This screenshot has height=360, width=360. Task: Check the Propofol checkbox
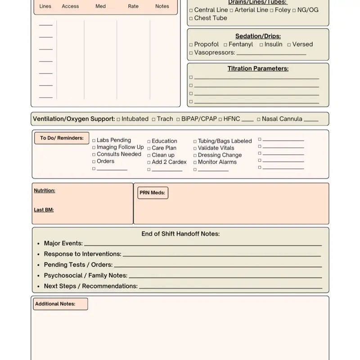[x=191, y=45]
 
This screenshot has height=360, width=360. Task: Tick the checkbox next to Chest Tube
[x=191, y=18]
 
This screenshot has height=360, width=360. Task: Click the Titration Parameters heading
[x=258, y=69]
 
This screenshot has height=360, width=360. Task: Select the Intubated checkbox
[x=118, y=119]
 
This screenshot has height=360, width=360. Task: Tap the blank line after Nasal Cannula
[x=311, y=121]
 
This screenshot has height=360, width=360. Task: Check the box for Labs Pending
[x=94, y=140]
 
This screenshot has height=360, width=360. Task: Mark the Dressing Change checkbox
[x=195, y=155]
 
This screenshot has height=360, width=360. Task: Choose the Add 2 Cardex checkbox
[x=149, y=162]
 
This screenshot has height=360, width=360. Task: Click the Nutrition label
[x=45, y=190]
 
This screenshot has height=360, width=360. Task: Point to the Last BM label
[x=44, y=210]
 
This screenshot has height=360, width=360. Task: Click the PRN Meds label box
[x=153, y=193]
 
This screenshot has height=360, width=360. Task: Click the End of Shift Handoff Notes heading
[x=180, y=234]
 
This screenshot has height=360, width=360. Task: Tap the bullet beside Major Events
[x=39, y=243]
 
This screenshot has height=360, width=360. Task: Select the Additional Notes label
[x=55, y=304]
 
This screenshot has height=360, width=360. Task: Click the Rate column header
[x=133, y=6]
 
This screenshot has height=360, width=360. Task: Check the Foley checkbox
[x=271, y=10]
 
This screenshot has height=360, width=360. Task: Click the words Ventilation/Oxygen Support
[x=74, y=119]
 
